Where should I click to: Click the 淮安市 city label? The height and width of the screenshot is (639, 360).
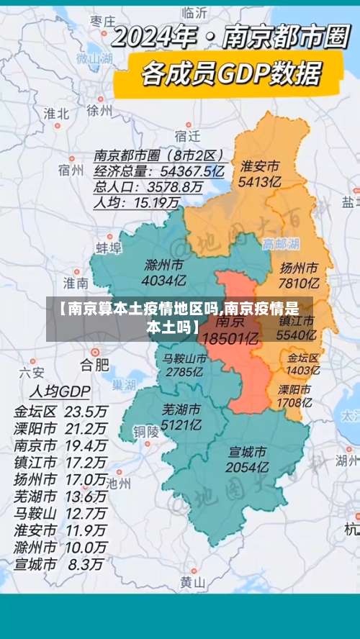261,166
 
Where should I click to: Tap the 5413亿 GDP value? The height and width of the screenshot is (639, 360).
261,182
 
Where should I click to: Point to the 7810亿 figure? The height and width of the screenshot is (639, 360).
299,283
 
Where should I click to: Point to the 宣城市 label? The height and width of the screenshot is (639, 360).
247,452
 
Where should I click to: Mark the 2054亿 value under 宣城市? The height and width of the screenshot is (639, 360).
247,468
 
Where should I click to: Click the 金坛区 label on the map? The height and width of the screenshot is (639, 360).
303,358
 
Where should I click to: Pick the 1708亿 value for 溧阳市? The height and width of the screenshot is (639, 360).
294,403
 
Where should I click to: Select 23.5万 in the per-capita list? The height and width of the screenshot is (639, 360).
86,412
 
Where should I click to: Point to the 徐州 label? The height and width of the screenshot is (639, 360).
99,110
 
